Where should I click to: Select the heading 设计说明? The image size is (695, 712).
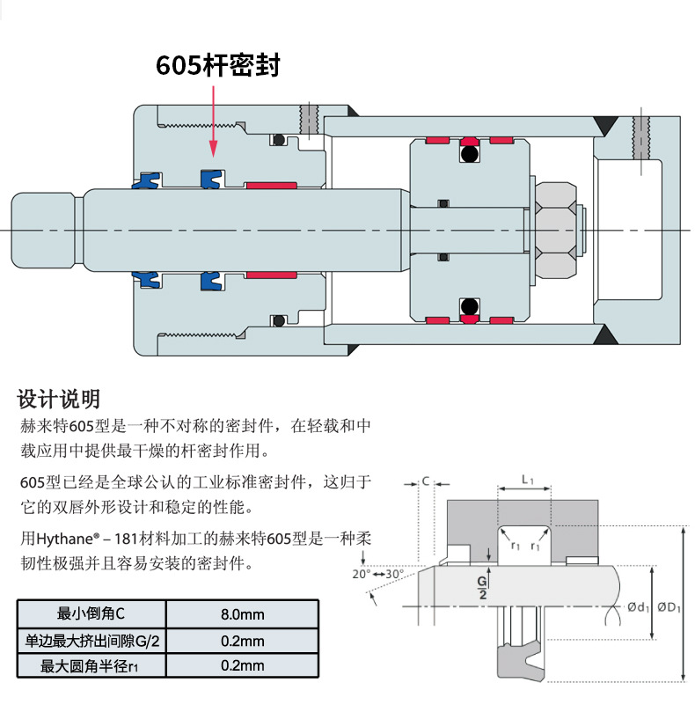pyautogui.click(x=59, y=400)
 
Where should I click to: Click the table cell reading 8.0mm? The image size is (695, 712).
pyautogui.click(x=242, y=614)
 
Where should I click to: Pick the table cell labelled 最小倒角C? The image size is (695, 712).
pyautogui.click(x=91, y=614)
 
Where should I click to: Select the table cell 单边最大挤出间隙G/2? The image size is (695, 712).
pyautogui.click(x=91, y=640)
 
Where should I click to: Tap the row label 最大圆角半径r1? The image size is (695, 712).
pyautogui.click(x=91, y=666)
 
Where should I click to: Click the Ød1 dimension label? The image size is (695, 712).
pyautogui.click(x=639, y=607)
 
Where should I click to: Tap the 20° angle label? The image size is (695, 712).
pyautogui.click(x=361, y=574)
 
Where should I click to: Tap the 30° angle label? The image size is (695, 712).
pyautogui.click(x=393, y=574)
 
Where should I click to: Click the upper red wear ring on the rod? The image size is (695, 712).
pyautogui.click(x=270, y=186)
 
